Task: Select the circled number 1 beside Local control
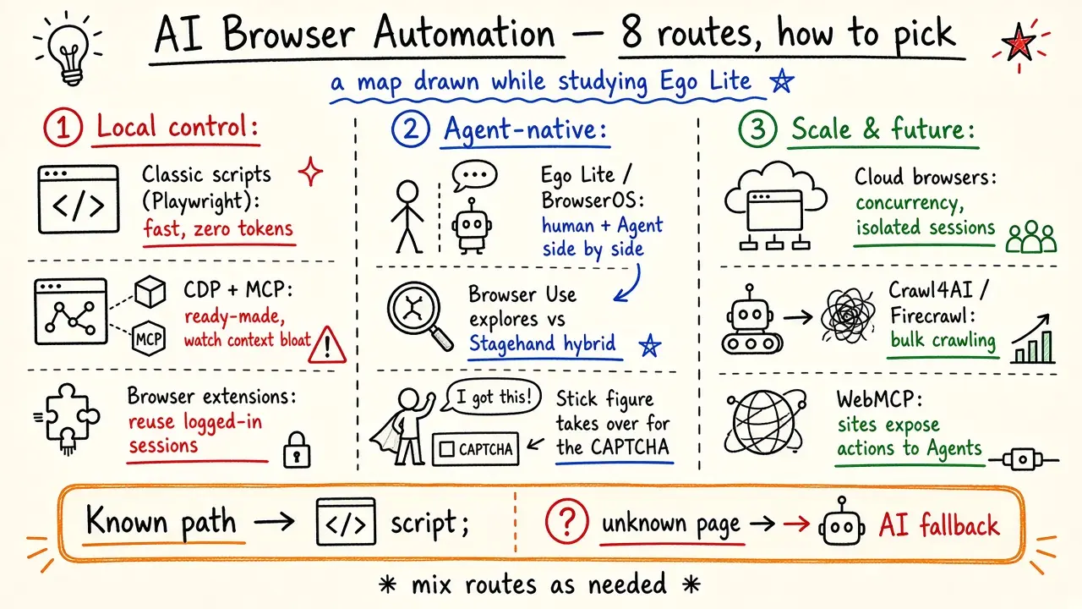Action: tap(63, 128)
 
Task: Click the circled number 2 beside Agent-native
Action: tap(411, 129)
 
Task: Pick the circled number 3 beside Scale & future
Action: tap(757, 129)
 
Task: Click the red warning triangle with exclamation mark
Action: tap(327, 344)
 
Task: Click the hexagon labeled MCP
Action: tap(149, 338)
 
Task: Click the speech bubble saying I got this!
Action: tap(492, 397)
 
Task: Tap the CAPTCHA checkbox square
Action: tap(447, 449)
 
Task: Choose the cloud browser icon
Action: tap(775, 206)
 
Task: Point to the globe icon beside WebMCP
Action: tap(766, 421)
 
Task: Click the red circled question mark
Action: tap(566, 522)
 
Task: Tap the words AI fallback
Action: tap(938, 524)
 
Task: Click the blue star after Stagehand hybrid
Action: tap(650, 345)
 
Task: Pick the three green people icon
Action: tap(1030, 237)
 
